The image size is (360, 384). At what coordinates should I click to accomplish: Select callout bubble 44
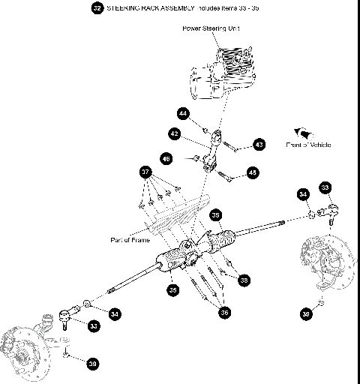pos(182,113)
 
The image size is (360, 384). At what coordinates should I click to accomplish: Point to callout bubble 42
pos(173,133)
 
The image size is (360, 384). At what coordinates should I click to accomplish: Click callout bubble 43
pos(258,144)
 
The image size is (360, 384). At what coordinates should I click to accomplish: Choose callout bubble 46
pos(166,158)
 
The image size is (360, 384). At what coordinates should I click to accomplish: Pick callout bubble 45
pos(252,172)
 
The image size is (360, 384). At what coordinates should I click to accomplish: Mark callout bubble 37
pos(145,171)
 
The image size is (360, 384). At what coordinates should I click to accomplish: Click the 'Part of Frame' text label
pos(129,240)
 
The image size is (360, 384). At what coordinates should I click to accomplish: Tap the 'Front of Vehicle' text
pos(308,145)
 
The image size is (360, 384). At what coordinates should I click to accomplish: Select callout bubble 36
pos(223,313)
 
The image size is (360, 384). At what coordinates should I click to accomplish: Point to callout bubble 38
pos(243,279)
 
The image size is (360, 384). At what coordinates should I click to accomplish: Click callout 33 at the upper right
pos(325,187)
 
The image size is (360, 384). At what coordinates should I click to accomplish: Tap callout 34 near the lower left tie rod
pos(114,313)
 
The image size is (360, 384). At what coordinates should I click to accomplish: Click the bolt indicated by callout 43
pos(232,147)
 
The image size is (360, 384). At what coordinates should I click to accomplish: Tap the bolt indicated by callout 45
pos(228,177)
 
